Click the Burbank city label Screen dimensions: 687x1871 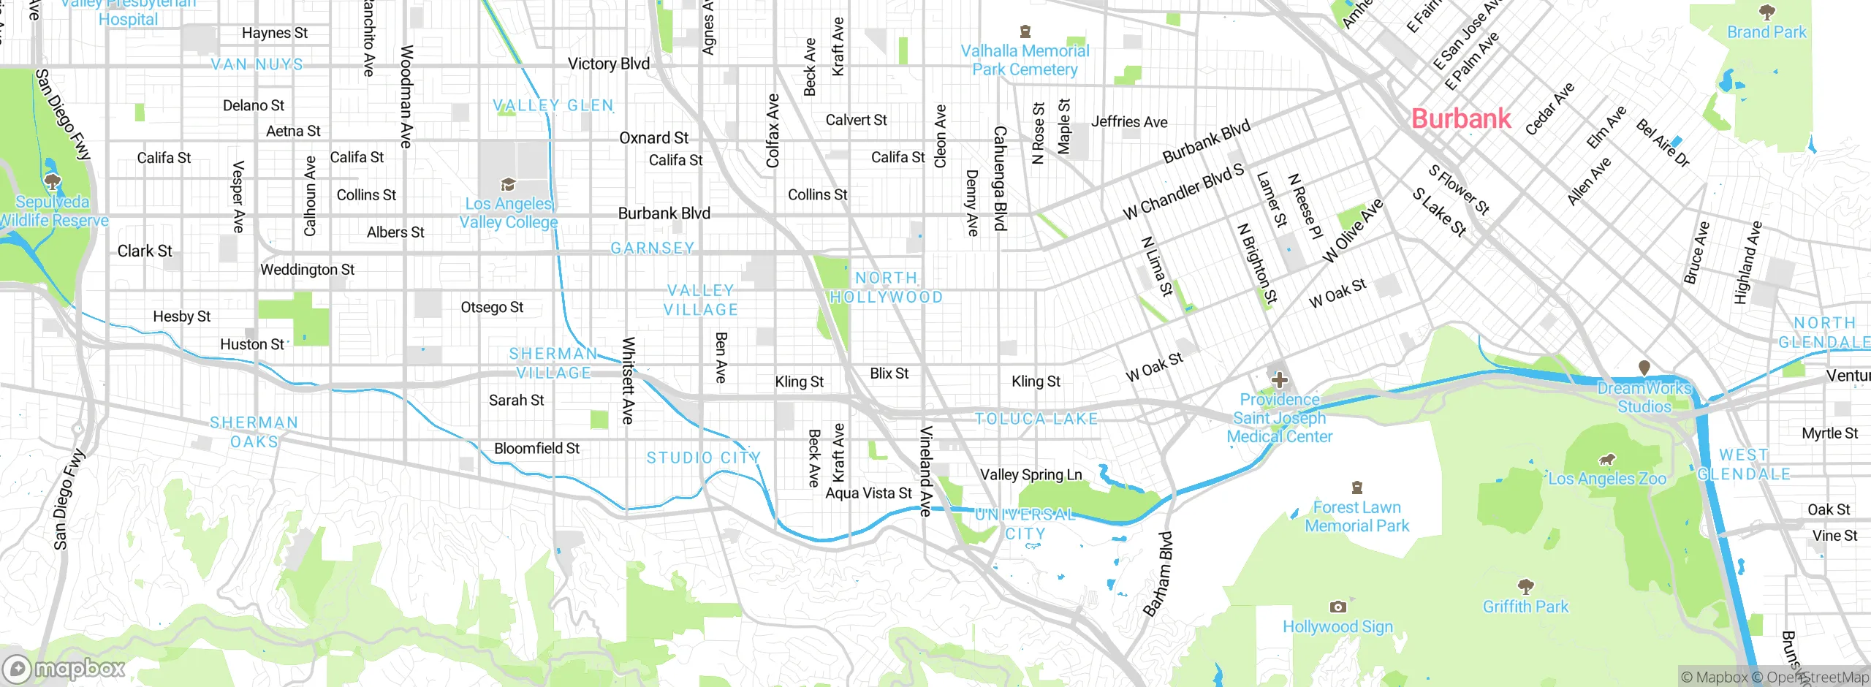click(1460, 118)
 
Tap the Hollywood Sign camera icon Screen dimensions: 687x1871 click(1337, 607)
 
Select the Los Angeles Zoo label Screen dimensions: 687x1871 click(1608, 479)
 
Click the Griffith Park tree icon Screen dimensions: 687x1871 click(1525, 586)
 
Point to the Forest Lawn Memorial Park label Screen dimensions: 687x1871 click(1356, 516)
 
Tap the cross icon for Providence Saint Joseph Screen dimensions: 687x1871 click(1279, 380)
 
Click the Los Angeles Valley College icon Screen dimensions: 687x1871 click(508, 184)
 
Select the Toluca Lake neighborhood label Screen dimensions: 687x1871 click(1036, 419)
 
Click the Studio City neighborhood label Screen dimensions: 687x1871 click(704, 458)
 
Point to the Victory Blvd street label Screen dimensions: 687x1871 click(609, 64)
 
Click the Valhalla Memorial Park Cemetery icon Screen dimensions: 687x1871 click(1025, 31)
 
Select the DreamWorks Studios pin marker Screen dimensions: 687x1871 click(1644, 367)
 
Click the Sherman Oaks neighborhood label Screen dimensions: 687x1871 click(254, 432)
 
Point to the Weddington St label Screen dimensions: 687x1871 click(307, 270)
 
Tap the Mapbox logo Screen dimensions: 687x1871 click(64, 669)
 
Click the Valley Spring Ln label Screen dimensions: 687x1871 click(1031, 474)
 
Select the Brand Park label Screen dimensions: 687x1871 click(1766, 32)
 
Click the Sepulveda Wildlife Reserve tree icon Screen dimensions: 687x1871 click(52, 180)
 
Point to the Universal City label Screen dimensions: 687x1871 click(1025, 523)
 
